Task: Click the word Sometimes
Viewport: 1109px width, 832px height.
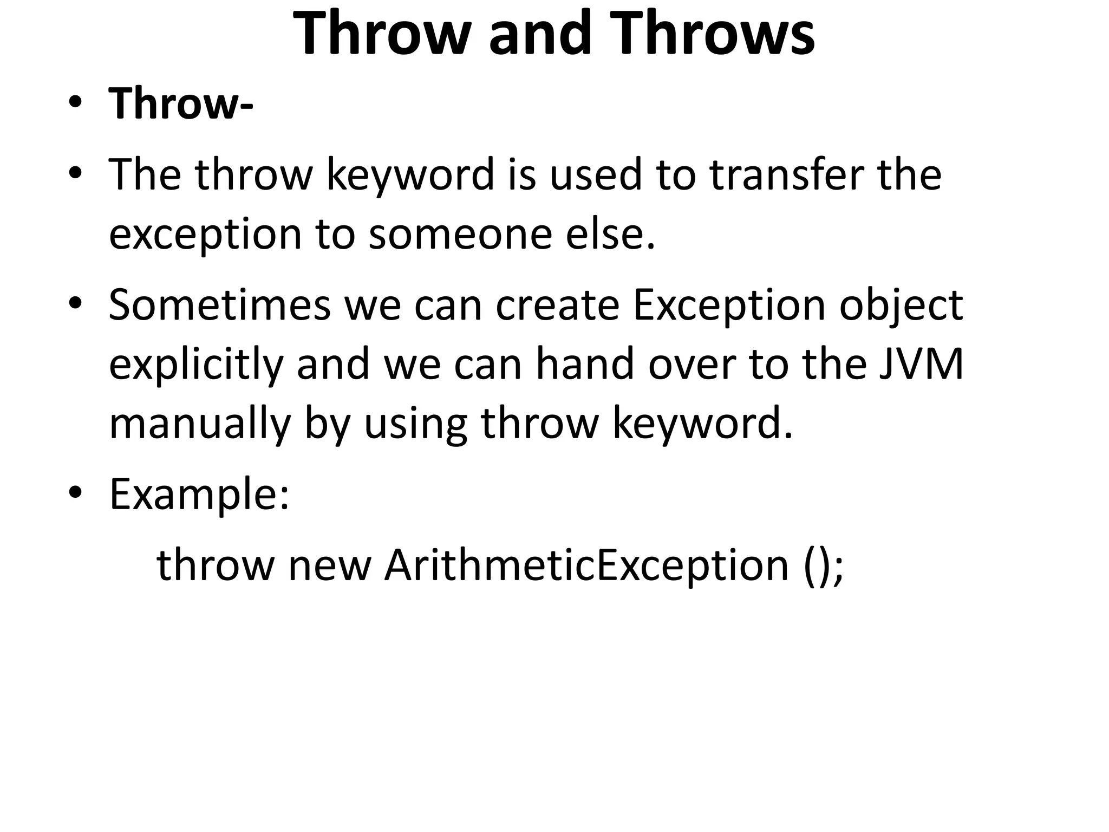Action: (219, 305)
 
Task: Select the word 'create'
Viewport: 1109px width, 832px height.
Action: (557, 305)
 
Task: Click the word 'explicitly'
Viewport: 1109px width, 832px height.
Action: (196, 365)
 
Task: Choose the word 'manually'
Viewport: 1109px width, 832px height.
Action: (200, 424)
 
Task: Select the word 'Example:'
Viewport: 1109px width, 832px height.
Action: (199, 495)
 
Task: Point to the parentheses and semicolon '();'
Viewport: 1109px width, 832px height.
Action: (824, 565)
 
